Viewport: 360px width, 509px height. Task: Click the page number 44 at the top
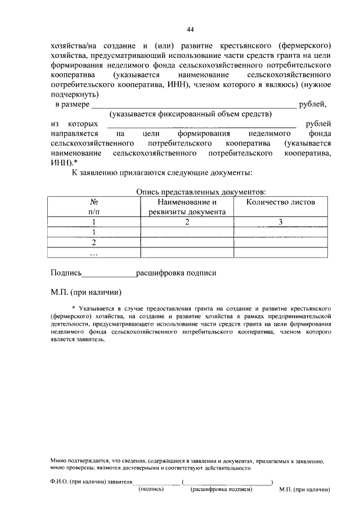pyautogui.click(x=190, y=29)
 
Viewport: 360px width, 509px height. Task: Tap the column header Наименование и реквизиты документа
pyautogui.click(x=187, y=206)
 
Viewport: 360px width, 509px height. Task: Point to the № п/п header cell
pyautogui.click(x=94, y=206)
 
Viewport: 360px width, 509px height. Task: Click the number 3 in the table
pyautogui.click(x=281, y=222)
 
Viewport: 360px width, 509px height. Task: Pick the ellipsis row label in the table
pyautogui.click(x=94, y=253)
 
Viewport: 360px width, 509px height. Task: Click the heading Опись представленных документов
pyautogui.click(x=201, y=192)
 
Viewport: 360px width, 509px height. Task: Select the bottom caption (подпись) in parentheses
pyautogui.click(x=151, y=489)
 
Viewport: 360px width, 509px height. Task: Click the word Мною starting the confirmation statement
pyautogui.click(x=58, y=460)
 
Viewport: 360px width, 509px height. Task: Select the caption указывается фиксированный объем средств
pyautogui.click(x=191, y=114)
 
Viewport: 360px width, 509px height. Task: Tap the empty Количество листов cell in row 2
pyautogui.click(x=281, y=242)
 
